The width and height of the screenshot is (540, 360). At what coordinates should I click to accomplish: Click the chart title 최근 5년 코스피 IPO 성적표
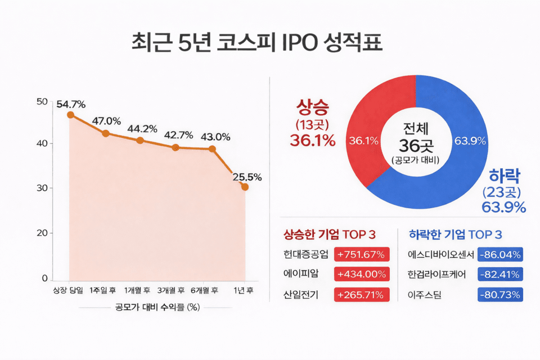(x=256, y=43)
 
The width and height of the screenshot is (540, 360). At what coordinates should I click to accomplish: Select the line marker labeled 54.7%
(x=71, y=115)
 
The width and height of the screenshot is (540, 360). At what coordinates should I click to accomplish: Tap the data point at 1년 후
(x=245, y=187)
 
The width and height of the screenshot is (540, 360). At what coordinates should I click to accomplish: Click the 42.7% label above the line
(x=178, y=135)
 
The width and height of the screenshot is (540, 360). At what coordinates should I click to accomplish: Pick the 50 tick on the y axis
(x=41, y=101)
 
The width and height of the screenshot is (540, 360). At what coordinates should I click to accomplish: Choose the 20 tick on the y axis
(x=41, y=233)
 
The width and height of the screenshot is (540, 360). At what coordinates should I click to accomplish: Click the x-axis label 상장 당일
(x=67, y=290)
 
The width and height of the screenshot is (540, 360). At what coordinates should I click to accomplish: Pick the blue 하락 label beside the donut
(x=504, y=174)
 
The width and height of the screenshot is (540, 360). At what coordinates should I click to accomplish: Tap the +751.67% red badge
(x=361, y=254)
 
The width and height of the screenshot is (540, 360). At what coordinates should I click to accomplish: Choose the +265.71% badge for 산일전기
(x=361, y=294)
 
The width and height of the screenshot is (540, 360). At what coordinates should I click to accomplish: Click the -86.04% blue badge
(x=500, y=254)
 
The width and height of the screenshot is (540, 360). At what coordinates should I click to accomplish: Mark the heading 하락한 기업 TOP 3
(x=455, y=235)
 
